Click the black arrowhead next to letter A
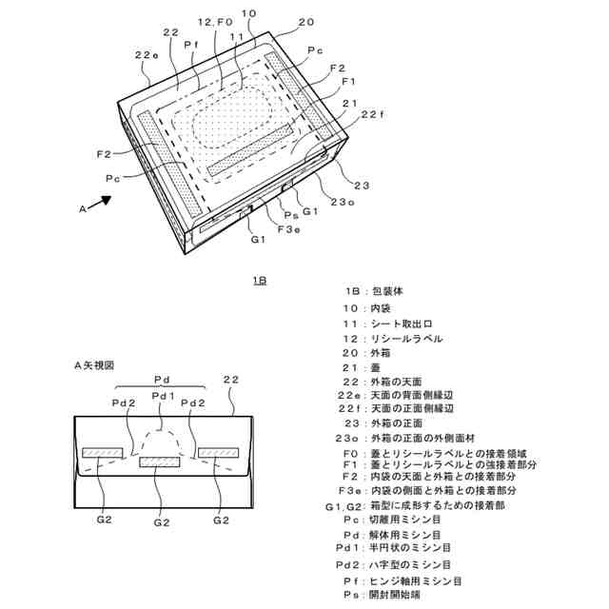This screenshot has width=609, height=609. coord(105,202)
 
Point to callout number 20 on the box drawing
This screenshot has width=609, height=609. coord(305,22)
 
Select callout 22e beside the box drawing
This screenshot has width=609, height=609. coord(147,55)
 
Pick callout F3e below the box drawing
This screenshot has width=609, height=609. coord(289,228)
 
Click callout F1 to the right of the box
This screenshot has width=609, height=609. coord(348,82)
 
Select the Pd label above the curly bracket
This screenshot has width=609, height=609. coord(163,378)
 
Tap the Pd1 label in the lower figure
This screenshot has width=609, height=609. coord(164,396)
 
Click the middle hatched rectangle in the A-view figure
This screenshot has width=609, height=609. coord(159,464)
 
